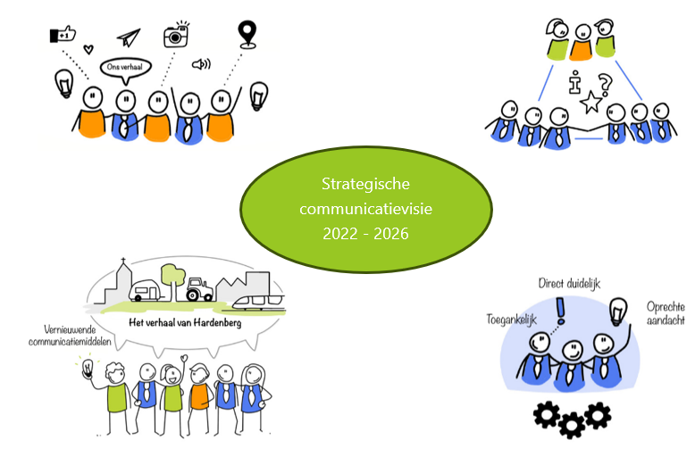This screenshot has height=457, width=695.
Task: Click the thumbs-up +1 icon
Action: coord(61,35)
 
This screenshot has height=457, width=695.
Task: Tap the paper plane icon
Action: coord(129,37)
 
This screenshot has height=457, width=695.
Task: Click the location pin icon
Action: coord(246,33)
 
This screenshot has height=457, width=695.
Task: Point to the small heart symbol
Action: coord(88,50)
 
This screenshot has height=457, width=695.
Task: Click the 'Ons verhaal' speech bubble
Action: coord(124,68)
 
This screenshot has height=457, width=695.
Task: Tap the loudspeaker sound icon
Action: coord(201,64)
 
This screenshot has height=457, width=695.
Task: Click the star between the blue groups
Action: coord(590,105)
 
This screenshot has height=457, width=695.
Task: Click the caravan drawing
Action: coord(145,288)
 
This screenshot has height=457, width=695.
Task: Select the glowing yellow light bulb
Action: coord(87,368)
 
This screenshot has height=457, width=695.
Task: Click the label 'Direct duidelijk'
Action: coord(569,283)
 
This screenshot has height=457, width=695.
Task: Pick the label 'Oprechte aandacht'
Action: coord(666,313)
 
